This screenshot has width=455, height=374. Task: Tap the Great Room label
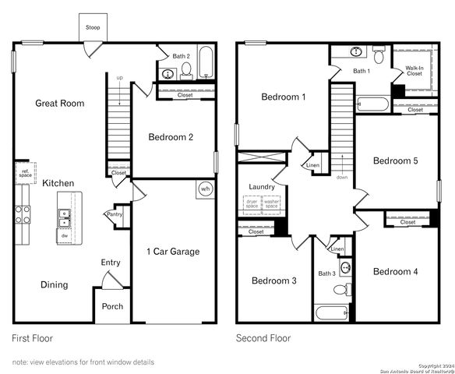coord(59,103)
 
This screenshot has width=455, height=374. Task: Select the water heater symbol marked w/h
coord(206,189)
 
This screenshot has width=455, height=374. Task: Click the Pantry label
coord(114,214)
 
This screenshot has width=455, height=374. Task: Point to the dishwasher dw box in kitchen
coord(64,235)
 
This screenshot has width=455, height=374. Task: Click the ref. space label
coord(24,173)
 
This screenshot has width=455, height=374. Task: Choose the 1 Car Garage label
coord(173,252)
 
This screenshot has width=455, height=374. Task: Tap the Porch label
coord(112,306)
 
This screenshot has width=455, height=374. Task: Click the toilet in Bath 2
coord(186,72)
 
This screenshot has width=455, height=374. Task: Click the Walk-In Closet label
coord(414,71)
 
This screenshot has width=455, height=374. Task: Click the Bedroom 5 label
coord(395,161)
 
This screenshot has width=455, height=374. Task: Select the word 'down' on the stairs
coord(341,177)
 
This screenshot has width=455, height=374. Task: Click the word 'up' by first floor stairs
coord(119,78)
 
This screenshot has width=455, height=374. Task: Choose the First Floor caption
coord(33,339)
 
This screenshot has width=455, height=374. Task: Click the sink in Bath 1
coord(356,53)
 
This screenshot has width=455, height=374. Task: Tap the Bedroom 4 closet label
coord(407,222)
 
